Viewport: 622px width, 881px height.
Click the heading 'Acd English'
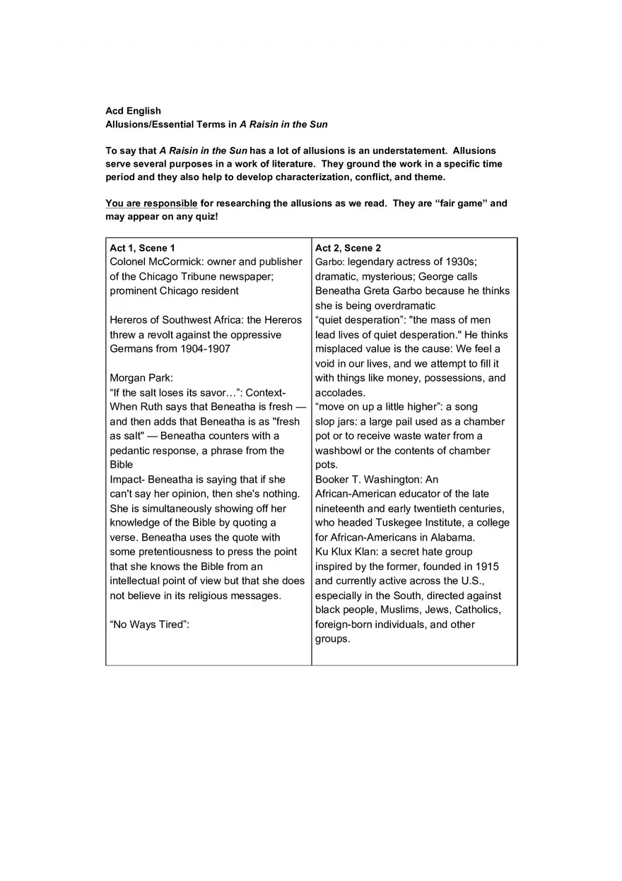[133, 111]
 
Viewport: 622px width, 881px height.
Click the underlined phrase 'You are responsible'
[151, 203]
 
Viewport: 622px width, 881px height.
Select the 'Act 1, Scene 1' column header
[143, 248]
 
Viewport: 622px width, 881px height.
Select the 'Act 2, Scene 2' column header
[348, 248]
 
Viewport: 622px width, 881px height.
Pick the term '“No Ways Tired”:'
[150, 625]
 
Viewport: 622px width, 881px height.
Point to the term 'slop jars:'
[336, 422]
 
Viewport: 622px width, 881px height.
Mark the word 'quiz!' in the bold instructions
[205, 216]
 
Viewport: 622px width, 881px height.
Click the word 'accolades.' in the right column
[340, 393]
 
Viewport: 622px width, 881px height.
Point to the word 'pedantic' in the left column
[130, 451]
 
